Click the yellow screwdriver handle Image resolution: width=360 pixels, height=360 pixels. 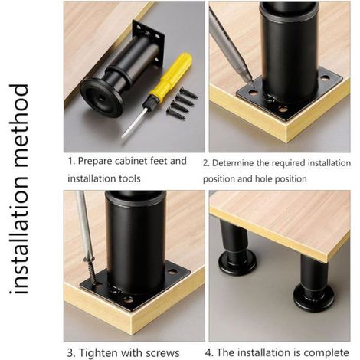coord(171,74)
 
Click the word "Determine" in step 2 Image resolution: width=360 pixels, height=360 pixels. coord(233,163)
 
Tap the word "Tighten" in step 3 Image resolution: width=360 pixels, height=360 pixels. coord(98,353)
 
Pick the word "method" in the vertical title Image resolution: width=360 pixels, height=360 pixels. coord(18,126)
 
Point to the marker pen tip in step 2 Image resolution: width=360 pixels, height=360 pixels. coord(251,82)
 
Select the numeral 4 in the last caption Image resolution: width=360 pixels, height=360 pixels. coord(208,353)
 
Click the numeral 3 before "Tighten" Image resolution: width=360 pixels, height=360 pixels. coord(70,353)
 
